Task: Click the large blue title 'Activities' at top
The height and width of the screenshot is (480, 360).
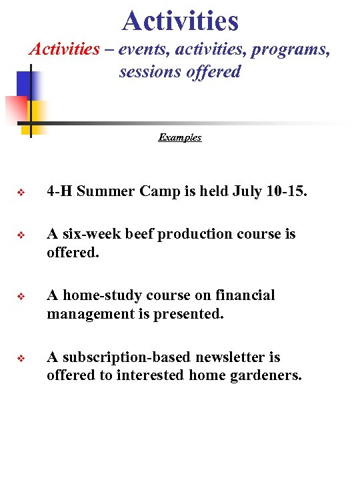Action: [x=180, y=20]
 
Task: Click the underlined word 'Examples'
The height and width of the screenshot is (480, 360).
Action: [x=180, y=137]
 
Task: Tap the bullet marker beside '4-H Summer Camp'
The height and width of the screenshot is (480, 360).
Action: [x=21, y=193]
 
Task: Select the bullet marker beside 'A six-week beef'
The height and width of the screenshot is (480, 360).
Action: [x=21, y=235]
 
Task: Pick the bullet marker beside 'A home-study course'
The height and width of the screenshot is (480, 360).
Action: [x=21, y=296]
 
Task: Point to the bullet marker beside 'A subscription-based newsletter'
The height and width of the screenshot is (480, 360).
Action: [x=21, y=358]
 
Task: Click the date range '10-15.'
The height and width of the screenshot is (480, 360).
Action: [x=288, y=192]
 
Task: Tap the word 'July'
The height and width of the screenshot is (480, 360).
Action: [x=249, y=192]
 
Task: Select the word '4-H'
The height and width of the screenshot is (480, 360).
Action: [x=59, y=192]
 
